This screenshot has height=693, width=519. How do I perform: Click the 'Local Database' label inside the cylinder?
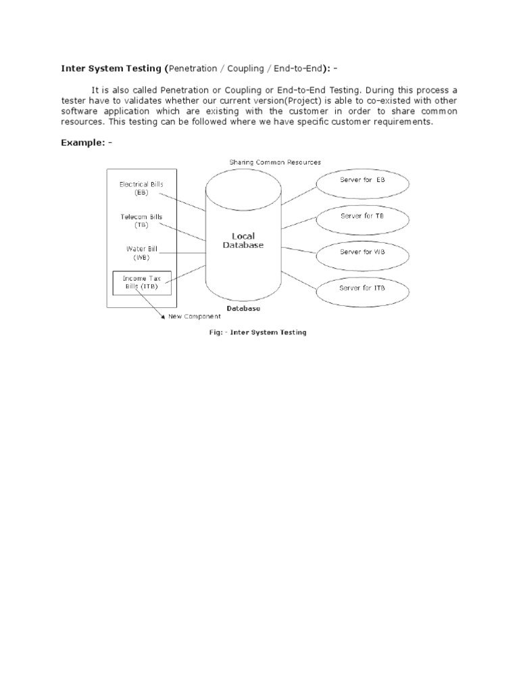tap(243, 241)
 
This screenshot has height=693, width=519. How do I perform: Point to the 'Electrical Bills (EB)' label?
tap(141, 188)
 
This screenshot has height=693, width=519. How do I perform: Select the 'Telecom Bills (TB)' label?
tap(141, 221)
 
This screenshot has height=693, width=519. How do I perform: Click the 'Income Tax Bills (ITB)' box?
tap(141, 282)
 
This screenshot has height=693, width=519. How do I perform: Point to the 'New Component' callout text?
tap(194, 316)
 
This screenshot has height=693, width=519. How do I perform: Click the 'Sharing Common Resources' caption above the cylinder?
tap(275, 162)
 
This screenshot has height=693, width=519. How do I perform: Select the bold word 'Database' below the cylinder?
tap(243, 309)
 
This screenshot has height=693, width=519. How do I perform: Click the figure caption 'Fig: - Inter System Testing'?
tap(256, 332)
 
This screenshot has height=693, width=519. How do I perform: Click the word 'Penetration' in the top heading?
tap(197, 68)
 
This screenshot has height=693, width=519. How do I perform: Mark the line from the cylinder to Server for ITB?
tap(298, 279)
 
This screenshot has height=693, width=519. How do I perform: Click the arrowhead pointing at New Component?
tap(162, 315)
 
